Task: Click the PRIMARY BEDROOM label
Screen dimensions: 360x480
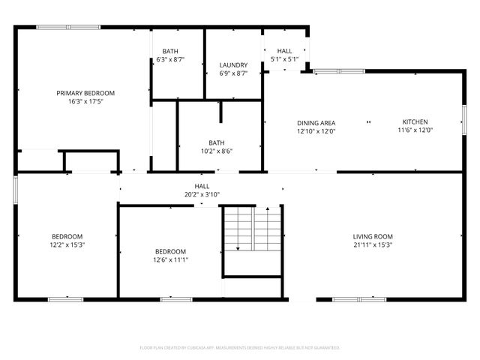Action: [x=85, y=93]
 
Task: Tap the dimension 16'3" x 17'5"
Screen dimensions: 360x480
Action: [x=85, y=101]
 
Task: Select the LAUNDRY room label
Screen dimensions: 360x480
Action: [x=233, y=65]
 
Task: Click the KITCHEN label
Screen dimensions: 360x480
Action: [x=415, y=121]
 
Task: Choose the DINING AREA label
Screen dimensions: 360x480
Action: [x=316, y=123]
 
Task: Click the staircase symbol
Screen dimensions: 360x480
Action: [x=251, y=229]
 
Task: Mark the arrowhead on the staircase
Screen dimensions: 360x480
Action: [x=238, y=248]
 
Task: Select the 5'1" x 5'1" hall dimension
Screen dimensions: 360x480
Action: [x=284, y=58]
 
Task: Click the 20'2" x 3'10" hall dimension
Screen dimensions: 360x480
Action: [x=202, y=194]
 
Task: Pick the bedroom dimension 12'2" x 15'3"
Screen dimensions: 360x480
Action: [x=67, y=244]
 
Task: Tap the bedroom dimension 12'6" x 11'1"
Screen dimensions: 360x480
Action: [x=170, y=259]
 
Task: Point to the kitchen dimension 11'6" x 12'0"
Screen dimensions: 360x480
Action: [x=415, y=130]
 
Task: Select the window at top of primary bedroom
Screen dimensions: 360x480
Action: [x=58, y=28]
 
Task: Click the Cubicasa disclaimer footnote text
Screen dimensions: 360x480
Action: [x=240, y=348]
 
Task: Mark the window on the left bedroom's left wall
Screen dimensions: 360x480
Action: [x=15, y=189]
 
